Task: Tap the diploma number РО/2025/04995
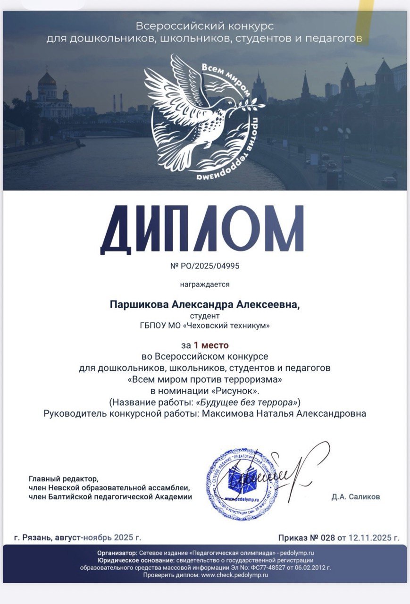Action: click(x=210, y=266)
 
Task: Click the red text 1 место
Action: click(x=211, y=345)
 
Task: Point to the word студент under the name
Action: click(x=205, y=316)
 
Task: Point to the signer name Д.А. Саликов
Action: click(x=356, y=496)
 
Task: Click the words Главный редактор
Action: click(x=64, y=478)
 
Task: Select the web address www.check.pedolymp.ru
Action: click(x=234, y=575)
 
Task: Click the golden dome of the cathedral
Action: click(x=47, y=79)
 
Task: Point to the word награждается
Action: click(x=204, y=284)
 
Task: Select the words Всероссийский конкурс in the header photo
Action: click(x=205, y=26)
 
